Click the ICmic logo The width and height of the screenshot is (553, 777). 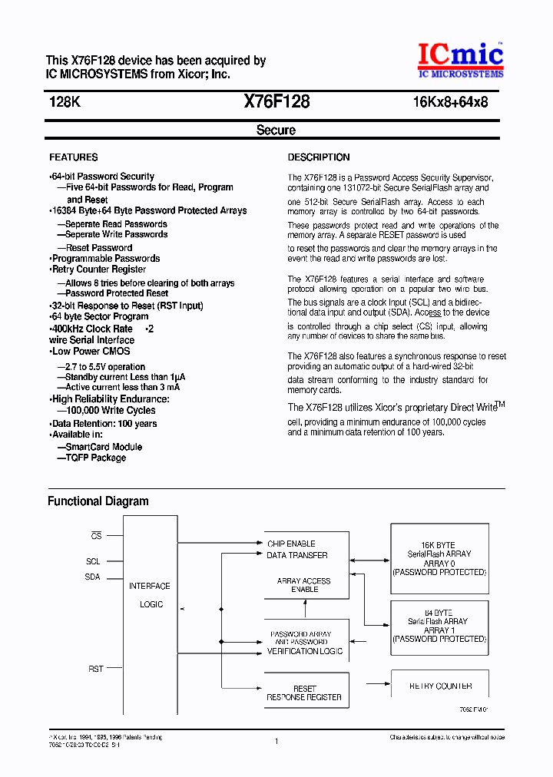[460, 60]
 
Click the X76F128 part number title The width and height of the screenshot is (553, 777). [276, 101]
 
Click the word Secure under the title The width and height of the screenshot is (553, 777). [276, 131]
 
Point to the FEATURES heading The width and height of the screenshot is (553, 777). [74, 157]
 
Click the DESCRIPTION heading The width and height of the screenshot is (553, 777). [319, 157]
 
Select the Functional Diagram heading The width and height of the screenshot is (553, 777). [98, 501]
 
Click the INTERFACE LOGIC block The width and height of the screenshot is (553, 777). [151, 595]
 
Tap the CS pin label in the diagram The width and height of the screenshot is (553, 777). [96, 535]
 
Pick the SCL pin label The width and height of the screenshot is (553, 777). [93, 561]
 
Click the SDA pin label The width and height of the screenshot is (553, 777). [93, 577]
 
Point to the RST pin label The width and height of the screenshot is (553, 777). [95, 670]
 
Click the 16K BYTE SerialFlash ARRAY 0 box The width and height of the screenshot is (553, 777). [439, 558]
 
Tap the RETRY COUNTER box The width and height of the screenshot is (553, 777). [440, 686]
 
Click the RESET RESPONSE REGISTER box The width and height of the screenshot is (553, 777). [304, 693]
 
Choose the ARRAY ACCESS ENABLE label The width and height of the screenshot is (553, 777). [304, 585]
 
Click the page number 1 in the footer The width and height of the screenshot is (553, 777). [276, 741]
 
